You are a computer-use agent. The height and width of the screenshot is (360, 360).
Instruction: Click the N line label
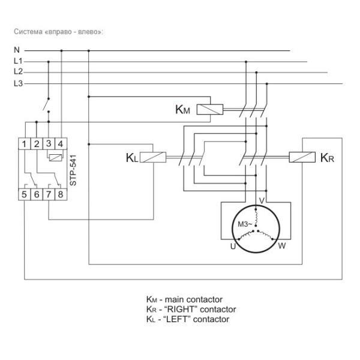coord(17,50)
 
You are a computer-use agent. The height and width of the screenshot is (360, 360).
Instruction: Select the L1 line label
coord(18,61)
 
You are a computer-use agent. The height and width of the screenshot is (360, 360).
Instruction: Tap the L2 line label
coord(18,72)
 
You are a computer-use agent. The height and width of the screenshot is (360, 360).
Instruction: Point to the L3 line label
coord(18,83)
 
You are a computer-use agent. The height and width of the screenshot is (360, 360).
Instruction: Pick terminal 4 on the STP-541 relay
coord(60,143)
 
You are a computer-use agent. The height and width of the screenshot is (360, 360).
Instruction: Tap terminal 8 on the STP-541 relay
coord(60,194)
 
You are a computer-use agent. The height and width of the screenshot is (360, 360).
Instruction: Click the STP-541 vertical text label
coord(73,169)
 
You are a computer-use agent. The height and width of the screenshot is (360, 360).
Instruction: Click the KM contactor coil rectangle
coord(210,109)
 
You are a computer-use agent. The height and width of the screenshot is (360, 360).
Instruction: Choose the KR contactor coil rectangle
coord(302,158)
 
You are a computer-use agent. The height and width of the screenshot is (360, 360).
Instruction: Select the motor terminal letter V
coord(261,200)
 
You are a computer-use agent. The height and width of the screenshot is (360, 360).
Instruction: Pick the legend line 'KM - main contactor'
coord(184,299)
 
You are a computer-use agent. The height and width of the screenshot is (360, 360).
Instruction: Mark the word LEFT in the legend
coord(179,319)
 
